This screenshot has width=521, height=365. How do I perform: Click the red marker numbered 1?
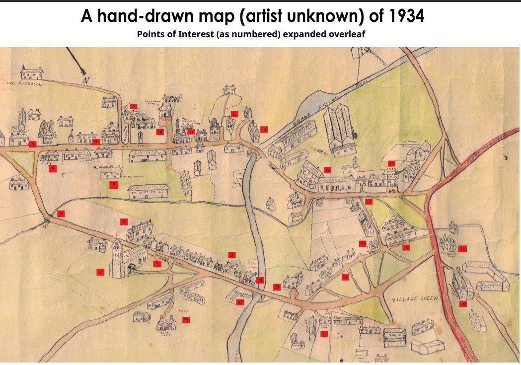[100, 272]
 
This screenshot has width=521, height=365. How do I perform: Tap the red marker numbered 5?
[33, 145]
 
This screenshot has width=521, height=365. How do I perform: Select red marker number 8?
[114, 184]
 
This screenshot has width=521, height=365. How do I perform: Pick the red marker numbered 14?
[327, 170]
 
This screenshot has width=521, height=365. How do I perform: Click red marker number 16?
[391, 163]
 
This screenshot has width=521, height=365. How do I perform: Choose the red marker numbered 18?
[463, 303]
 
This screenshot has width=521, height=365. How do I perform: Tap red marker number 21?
[345, 277]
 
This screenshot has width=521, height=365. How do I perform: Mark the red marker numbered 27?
[186, 320]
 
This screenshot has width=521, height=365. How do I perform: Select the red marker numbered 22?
[324, 334]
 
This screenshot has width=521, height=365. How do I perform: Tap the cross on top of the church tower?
[117, 235]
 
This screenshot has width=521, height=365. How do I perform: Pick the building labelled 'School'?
[395, 337]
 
